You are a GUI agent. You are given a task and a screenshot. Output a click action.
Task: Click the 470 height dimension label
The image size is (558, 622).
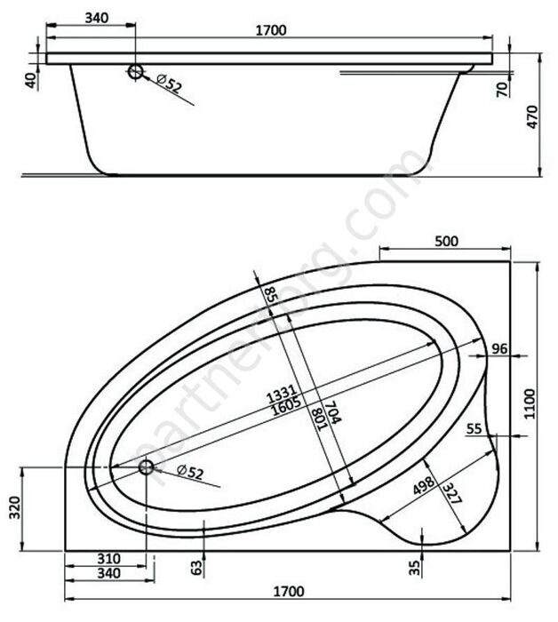[x=532, y=116]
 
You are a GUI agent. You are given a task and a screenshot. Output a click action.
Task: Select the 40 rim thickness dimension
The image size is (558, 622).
[x=31, y=81]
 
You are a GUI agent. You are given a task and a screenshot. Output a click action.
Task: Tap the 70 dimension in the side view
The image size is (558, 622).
[x=502, y=89]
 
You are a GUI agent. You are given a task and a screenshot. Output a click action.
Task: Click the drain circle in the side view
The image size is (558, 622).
[x=135, y=72]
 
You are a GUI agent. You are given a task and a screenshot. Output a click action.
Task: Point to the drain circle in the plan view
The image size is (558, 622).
[x=147, y=466]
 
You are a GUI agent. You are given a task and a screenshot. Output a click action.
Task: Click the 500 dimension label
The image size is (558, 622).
[x=446, y=241]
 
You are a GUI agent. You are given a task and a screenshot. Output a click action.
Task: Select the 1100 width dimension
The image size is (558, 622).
[x=530, y=403]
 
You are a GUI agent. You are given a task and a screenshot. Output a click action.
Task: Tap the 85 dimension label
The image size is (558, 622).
[x=271, y=295]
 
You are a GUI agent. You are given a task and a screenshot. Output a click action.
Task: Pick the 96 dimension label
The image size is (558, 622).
[x=499, y=348]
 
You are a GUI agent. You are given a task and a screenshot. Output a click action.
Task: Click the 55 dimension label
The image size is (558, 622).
[x=474, y=428]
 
